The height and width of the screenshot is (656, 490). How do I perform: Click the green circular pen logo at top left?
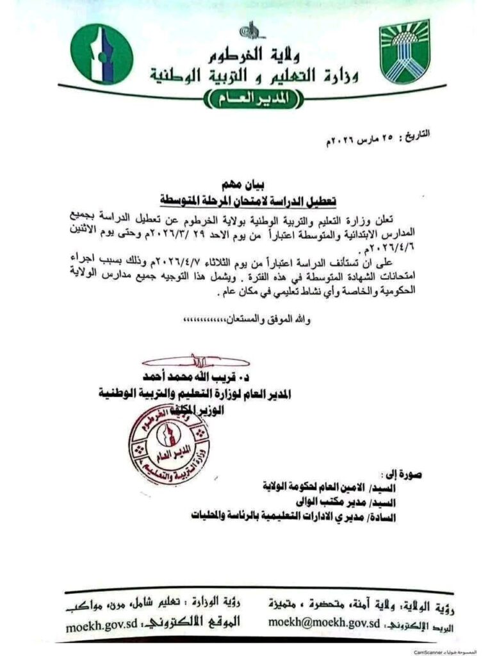point(101,54)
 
